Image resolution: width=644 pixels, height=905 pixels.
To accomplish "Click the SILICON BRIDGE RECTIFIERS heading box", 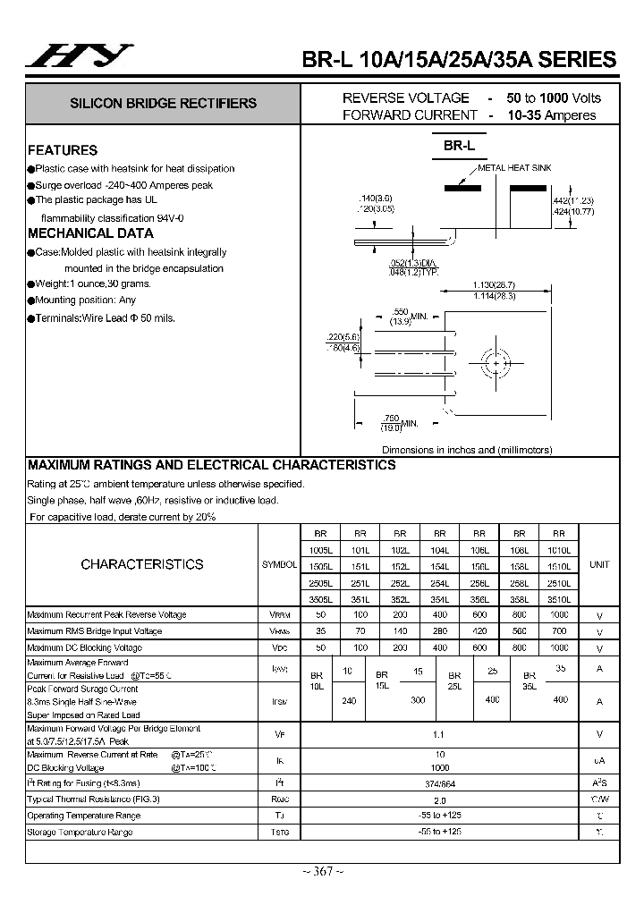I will [163, 104].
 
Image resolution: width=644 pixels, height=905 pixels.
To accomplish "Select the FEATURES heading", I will [63, 150].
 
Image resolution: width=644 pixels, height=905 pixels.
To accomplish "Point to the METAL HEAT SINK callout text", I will [514, 168].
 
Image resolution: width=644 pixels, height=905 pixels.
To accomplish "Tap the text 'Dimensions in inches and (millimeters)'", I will [467, 450].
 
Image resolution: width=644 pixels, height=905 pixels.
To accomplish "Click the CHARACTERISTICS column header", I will [141, 564].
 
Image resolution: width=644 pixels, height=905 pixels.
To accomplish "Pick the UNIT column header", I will [598, 564].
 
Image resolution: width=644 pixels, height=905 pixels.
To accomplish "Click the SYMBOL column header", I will [279, 565].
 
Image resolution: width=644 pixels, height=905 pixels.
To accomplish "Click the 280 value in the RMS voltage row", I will [439, 631].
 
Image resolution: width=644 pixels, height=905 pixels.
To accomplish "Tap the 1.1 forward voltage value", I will [439, 733].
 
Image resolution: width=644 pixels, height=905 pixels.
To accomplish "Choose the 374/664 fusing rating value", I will [439, 783].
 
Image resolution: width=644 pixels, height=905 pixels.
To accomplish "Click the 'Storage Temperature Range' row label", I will [80, 833].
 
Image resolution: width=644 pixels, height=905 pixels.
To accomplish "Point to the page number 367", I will [321, 872].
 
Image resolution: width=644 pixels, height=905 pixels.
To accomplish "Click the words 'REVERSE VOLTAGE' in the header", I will [405, 97].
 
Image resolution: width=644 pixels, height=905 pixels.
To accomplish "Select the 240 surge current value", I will [349, 700].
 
